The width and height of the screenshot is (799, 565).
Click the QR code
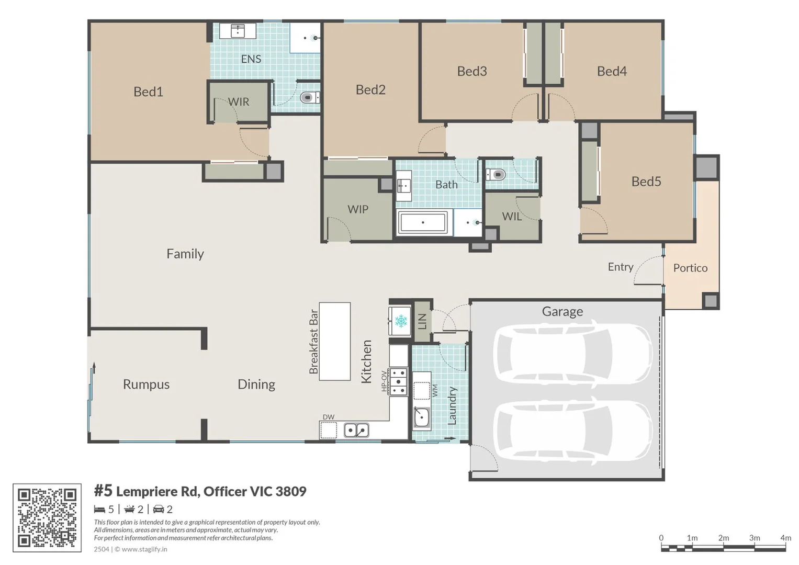(47, 517)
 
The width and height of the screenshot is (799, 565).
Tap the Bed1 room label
(149, 92)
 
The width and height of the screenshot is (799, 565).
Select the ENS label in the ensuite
(251, 59)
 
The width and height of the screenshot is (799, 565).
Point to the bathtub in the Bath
(423, 222)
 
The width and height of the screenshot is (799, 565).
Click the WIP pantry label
(358, 209)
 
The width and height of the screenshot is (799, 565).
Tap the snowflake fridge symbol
(401, 321)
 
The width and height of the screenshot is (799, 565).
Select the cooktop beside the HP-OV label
(398, 382)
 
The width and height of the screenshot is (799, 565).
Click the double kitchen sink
(356, 430)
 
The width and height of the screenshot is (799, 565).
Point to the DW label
(329, 417)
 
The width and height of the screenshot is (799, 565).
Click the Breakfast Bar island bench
(334, 341)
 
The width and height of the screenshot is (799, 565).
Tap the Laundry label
(452, 406)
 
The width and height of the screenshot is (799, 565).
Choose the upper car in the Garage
(572, 354)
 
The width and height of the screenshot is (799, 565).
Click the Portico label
(690, 268)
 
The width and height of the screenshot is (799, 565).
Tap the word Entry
(621, 267)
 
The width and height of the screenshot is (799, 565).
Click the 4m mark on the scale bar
(785, 538)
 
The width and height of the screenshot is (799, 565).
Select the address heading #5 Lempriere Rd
(200, 491)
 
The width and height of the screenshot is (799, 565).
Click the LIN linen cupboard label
(422, 321)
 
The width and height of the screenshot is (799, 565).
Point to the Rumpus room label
(146, 385)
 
